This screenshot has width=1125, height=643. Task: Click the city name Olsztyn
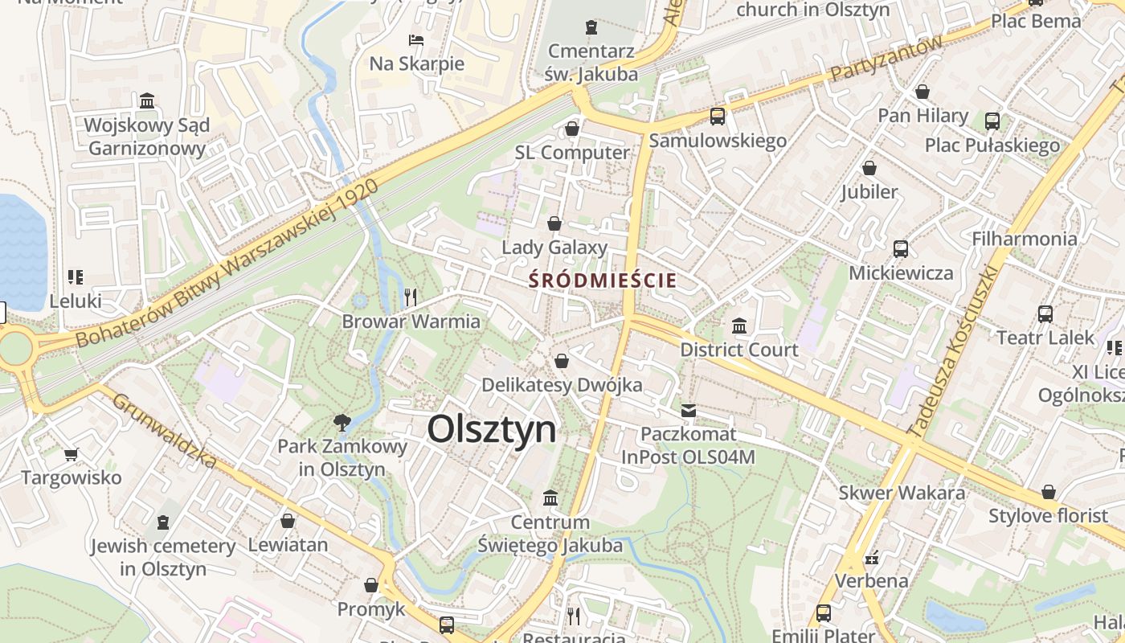click(491, 429)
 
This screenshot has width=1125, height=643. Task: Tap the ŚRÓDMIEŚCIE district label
click(602, 281)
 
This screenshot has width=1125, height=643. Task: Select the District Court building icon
click(739, 326)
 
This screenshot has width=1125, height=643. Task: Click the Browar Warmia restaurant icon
click(411, 297)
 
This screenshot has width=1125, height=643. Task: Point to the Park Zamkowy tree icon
click(342, 422)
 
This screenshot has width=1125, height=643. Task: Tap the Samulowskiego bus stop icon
click(718, 117)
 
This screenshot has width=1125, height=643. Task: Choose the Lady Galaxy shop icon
click(554, 223)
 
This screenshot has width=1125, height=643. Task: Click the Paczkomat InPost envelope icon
click(689, 411)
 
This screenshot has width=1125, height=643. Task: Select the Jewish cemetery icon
click(163, 522)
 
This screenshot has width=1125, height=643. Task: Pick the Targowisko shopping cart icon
click(71, 454)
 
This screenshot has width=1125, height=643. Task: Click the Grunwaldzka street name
click(164, 430)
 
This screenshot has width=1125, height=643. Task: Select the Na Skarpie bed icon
click(416, 39)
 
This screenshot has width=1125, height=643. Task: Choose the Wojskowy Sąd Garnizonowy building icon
click(147, 101)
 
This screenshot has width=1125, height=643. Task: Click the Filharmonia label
click(1024, 239)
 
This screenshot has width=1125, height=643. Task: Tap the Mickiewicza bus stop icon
click(900, 249)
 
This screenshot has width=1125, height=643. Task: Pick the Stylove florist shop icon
click(1048, 492)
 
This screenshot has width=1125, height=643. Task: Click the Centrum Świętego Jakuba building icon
click(550, 498)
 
